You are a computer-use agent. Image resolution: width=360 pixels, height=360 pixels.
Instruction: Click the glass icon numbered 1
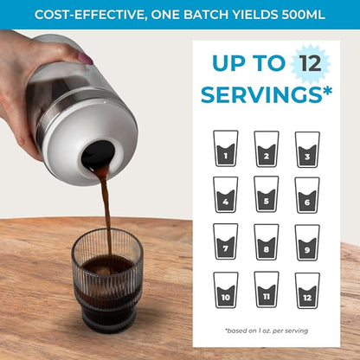pos(225,149)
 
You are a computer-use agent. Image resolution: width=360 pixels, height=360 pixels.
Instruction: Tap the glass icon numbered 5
pos(267,196)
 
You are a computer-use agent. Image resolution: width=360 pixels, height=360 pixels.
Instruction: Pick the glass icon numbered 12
pos(307,290)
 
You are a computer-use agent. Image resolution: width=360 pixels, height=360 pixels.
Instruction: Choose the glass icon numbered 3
pos(307,149)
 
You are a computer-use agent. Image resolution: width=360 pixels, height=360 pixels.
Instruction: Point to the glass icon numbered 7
pos(225,242)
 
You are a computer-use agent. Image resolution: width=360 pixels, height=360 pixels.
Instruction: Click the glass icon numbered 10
pos(225,290)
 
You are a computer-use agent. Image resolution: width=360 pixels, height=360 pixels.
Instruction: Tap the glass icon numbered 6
pos(307,196)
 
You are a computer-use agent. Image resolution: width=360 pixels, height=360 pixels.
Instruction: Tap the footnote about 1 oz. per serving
pos(266,330)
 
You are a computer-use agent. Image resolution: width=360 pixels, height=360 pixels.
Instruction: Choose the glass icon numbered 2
pos(267,149)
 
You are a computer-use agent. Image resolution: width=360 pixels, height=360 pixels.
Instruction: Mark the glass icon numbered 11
pos(267,290)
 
